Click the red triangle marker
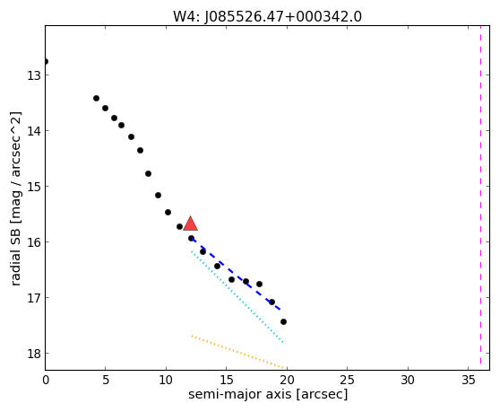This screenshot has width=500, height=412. point(190,224)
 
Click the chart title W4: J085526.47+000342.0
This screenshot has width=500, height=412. point(267,17)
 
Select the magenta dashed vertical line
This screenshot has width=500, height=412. point(480,195)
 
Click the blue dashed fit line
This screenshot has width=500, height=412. point(236,275)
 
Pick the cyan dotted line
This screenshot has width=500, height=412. point(237,297)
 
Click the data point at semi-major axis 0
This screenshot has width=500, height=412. point(46,61)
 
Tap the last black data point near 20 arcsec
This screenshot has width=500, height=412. point(283,321)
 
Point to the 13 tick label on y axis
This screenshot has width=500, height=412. point(33,75)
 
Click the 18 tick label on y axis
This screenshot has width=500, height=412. point(33,354)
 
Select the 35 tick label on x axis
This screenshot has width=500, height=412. point(468,380)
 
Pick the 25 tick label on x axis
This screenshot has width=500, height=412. point(347,380)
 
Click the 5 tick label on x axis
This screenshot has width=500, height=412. point(106,380)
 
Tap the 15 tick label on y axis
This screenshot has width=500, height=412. point(33,187)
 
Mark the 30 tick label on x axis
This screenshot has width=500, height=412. point(408,380)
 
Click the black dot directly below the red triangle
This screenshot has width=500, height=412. point(191,238)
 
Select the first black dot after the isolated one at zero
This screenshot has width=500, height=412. point(96,98)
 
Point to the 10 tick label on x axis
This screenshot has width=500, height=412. point(166,380)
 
